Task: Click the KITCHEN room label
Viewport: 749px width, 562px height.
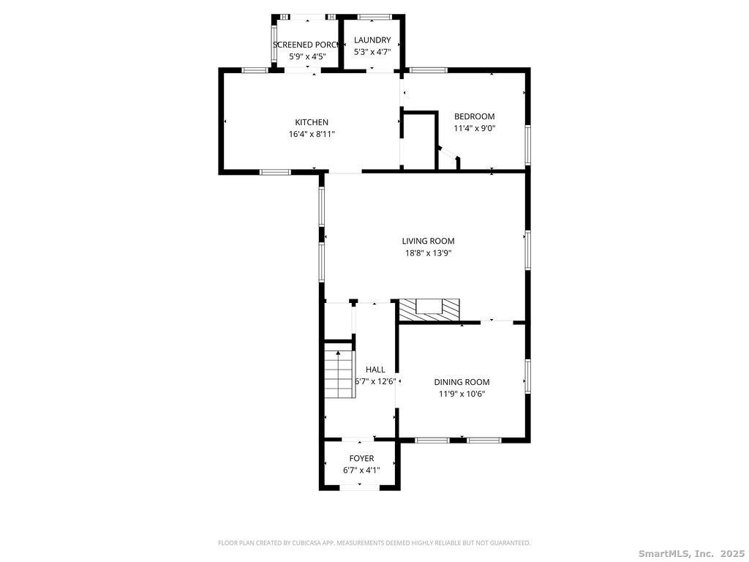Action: [312, 122]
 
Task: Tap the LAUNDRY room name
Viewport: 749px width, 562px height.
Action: [372, 40]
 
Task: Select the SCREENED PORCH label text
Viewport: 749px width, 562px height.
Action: [306, 45]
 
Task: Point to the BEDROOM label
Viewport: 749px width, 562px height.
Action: [474, 116]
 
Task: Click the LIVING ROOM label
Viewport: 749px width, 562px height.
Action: [428, 241]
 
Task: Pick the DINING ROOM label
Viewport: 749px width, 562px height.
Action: [462, 382]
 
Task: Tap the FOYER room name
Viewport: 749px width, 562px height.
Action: [361, 458]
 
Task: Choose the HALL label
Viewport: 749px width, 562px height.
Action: [375, 370]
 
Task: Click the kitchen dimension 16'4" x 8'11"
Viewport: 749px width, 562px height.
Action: [312, 135]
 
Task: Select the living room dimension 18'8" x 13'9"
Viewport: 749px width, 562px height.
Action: [428, 253]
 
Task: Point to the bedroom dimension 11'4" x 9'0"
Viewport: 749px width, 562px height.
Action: [474, 128]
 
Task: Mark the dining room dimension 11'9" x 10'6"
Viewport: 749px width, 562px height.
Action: [462, 394]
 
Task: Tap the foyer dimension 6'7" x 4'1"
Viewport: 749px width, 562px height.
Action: [361, 471]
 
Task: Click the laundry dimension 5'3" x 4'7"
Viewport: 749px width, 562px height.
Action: [372, 52]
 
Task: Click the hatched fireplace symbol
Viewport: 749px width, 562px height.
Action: [429, 310]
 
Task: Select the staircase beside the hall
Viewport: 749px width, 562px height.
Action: [339, 374]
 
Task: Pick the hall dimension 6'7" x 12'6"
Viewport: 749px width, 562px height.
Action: [375, 381]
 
